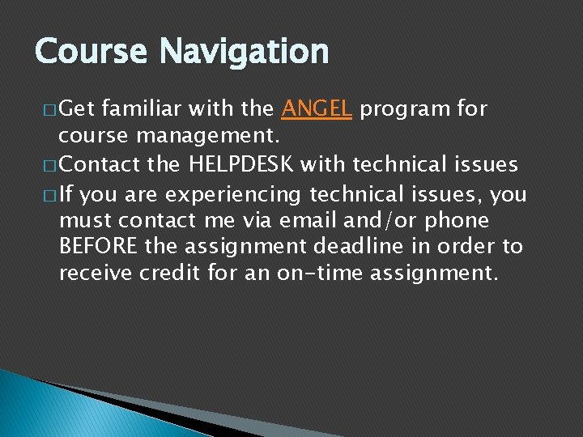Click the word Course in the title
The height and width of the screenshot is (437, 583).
(x=91, y=52)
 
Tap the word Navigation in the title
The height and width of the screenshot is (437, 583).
(x=244, y=52)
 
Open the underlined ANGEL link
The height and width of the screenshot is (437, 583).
(x=317, y=108)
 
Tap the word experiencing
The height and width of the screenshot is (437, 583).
(x=221, y=195)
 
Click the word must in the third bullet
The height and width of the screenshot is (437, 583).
(x=86, y=220)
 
